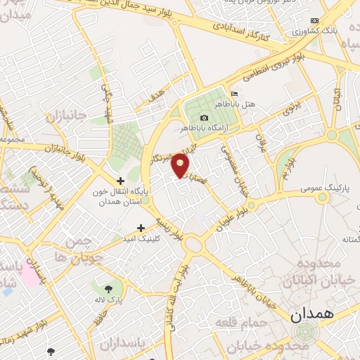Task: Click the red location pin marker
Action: [181, 166]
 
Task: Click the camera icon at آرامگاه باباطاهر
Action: [204, 117]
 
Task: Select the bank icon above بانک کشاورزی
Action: [314, 21]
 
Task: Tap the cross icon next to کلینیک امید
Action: [141, 228]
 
